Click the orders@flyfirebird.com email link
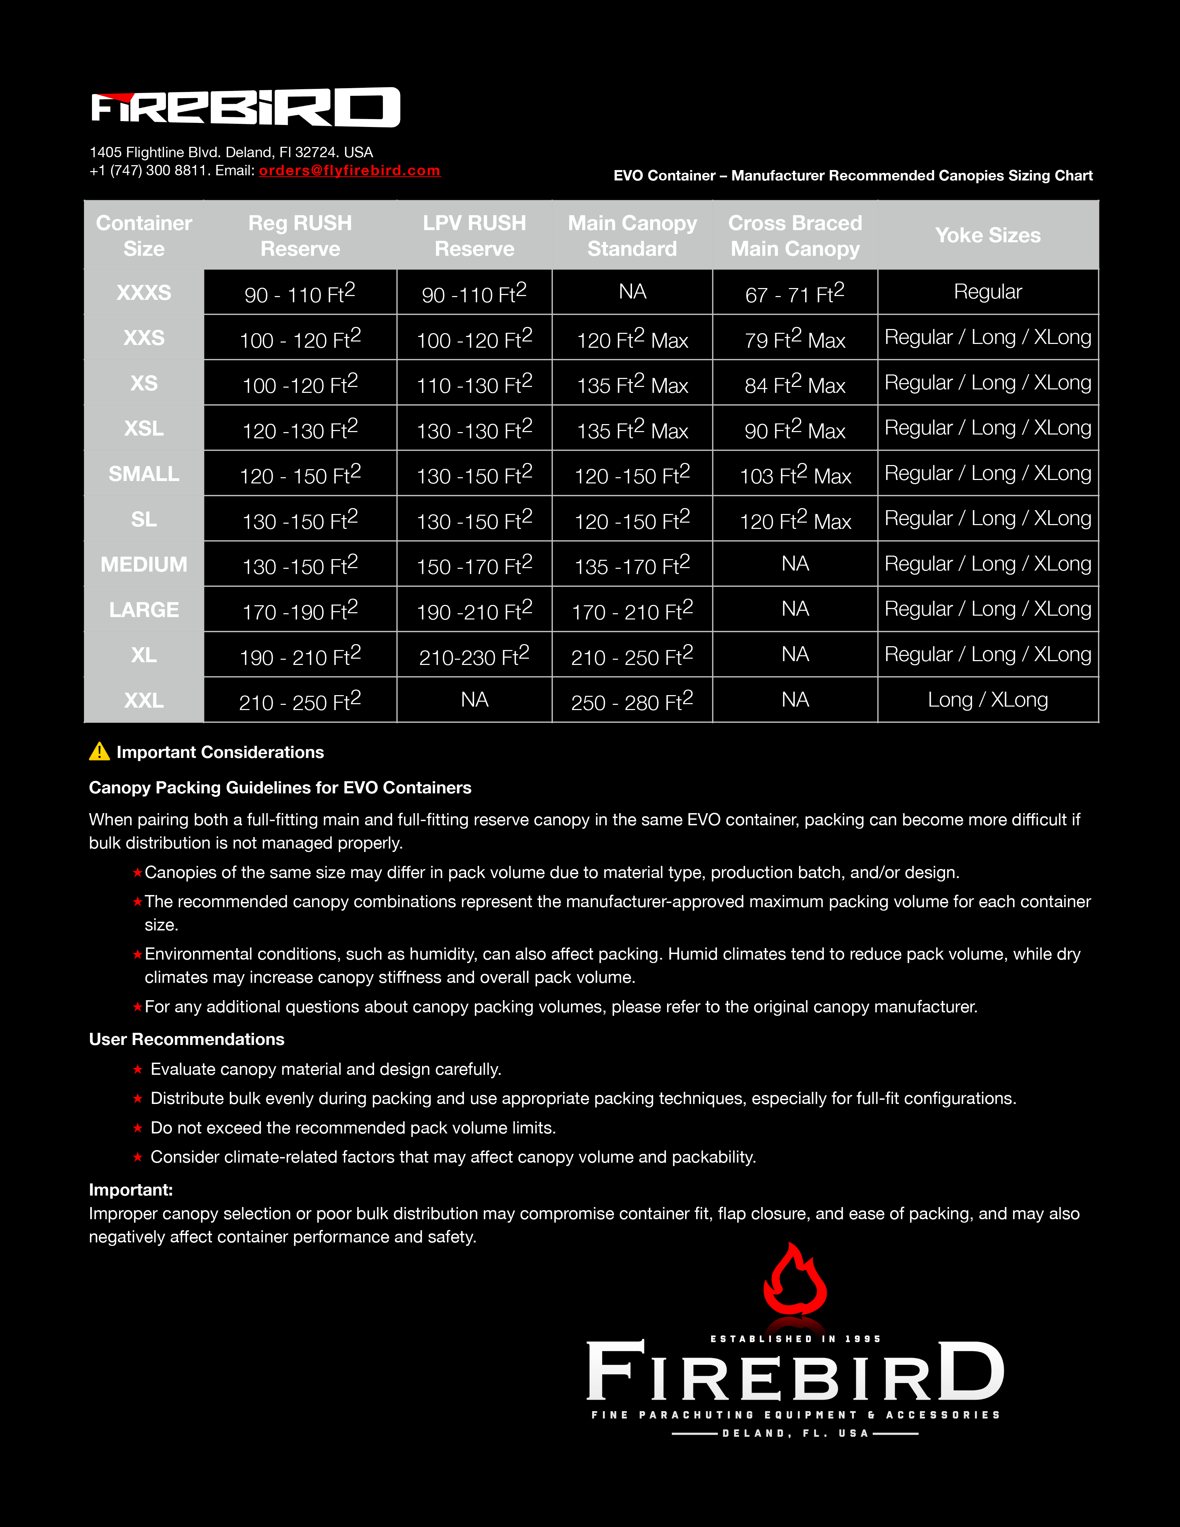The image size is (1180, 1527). click(349, 171)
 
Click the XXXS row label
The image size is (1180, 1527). click(144, 292)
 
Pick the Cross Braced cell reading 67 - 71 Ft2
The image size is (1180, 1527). click(795, 293)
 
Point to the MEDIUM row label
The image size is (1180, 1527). click(144, 564)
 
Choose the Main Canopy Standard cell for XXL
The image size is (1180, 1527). click(632, 701)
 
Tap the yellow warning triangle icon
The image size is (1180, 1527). click(99, 752)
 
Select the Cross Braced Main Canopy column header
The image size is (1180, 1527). click(795, 236)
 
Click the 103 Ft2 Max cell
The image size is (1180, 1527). click(795, 475)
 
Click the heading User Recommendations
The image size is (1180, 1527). click(187, 1039)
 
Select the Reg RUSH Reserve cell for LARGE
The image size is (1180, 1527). click(300, 610)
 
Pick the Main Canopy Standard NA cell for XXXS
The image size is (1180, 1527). click(632, 292)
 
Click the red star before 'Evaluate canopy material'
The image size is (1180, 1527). click(138, 1069)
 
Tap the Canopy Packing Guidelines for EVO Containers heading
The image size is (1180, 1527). click(280, 787)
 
